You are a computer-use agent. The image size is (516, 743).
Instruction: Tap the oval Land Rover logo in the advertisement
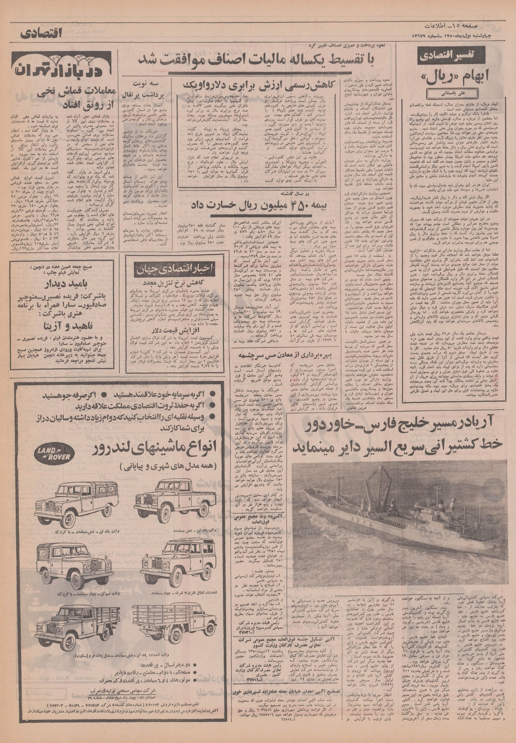tap(49, 451)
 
